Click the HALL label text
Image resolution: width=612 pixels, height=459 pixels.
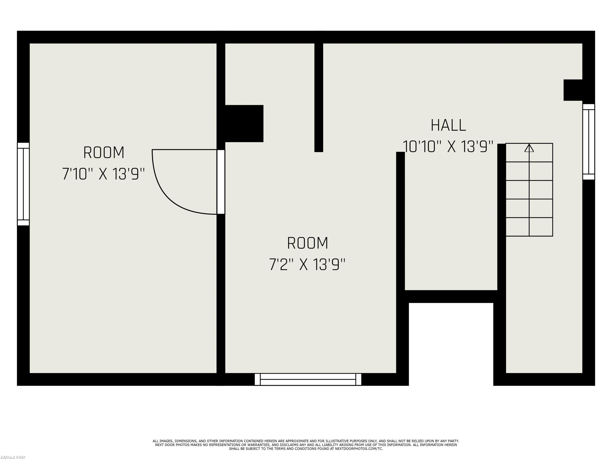click(x=448, y=125)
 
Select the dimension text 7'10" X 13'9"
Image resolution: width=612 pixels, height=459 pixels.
click(x=103, y=174)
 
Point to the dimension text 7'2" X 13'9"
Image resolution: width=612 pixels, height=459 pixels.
click(x=307, y=265)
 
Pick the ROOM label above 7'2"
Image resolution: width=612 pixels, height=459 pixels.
click(x=308, y=243)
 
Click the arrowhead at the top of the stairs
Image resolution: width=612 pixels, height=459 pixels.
click(x=529, y=148)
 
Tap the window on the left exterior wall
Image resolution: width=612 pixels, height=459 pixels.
click(x=23, y=184)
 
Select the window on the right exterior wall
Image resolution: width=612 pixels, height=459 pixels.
click(x=589, y=142)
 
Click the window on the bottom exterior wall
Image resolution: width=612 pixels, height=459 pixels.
click(x=308, y=379)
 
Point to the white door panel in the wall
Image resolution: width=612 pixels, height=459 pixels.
click(x=221, y=182)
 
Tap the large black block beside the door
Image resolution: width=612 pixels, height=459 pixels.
click(x=244, y=123)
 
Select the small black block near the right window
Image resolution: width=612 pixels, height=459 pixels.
click(x=573, y=90)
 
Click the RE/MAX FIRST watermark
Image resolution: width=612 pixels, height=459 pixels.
click(x=13, y=457)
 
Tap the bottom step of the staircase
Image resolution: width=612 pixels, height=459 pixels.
click(x=529, y=227)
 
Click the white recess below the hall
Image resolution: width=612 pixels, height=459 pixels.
click(x=451, y=344)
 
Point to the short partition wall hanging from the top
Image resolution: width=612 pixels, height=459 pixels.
click(x=319, y=97)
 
